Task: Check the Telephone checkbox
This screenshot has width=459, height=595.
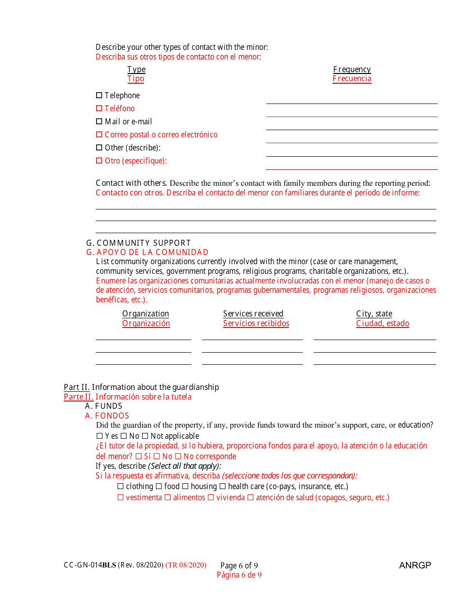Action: [x=99, y=96]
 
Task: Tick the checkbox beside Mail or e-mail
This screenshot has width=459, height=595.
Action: [x=99, y=122]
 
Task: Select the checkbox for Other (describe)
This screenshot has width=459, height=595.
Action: [x=99, y=148]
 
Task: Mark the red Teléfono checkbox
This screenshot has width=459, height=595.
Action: [x=99, y=109]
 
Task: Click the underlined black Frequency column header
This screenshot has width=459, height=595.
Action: [x=352, y=70]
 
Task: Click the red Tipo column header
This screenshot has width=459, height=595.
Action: [x=136, y=79]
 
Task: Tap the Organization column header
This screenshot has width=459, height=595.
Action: [x=145, y=314]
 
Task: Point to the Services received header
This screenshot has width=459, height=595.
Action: [x=253, y=314]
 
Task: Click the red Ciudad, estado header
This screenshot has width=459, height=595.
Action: [x=383, y=324]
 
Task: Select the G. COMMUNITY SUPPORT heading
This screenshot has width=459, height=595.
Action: [x=138, y=243]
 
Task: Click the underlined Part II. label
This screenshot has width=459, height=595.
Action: [x=77, y=387]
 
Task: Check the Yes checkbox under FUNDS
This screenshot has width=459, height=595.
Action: [x=100, y=436]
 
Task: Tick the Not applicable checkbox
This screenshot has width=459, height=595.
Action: [x=144, y=436]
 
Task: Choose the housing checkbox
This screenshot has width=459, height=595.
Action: [x=185, y=487]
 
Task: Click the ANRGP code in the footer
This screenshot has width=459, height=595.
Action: [x=415, y=565]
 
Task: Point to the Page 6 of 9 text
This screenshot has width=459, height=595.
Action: [x=239, y=566]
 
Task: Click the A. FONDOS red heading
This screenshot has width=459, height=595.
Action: [x=107, y=416]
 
